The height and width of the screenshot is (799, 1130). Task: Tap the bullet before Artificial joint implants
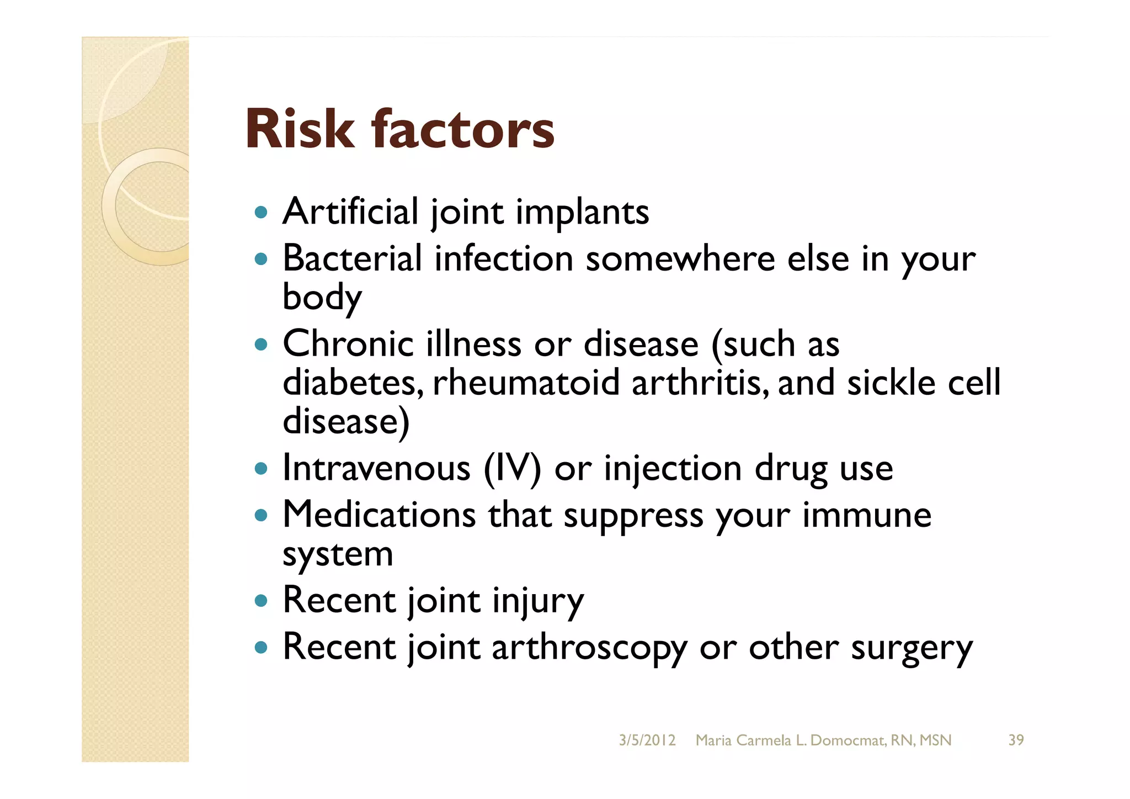[261, 212]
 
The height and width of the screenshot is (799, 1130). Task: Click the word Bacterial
[352, 258]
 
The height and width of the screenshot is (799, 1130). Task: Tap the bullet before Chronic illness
[261, 345]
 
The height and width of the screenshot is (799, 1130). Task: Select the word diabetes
[353, 383]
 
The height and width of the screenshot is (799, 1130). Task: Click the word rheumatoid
[526, 383]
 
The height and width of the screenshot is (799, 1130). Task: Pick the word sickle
[891, 383]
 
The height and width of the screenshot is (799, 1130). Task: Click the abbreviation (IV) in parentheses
[513, 469]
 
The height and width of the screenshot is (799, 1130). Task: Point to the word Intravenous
[376, 469]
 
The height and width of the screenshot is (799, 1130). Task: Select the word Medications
[379, 515]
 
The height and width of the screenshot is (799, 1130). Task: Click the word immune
[866, 515]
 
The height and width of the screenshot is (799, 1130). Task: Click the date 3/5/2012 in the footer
[647, 740]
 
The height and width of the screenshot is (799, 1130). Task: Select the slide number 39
[1016, 740]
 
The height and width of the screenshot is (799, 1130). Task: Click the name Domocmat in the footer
[848, 740]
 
